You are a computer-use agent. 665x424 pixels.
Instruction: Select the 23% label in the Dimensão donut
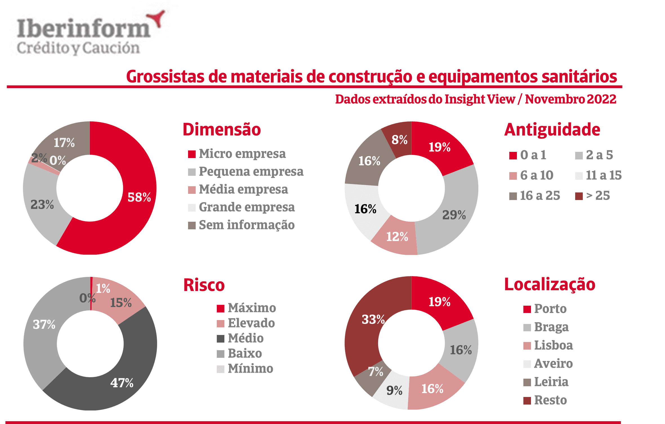coord(42,205)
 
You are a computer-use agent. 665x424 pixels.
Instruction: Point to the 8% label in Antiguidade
coord(400,140)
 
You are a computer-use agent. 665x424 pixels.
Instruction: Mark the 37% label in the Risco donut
coord(44,325)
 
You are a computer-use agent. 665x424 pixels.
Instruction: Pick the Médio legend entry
coord(246,338)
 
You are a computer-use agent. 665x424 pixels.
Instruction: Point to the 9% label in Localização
coord(394,390)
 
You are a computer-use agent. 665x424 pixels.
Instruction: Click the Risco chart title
coord(204,285)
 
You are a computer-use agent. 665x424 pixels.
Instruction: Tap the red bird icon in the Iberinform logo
coord(157,18)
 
